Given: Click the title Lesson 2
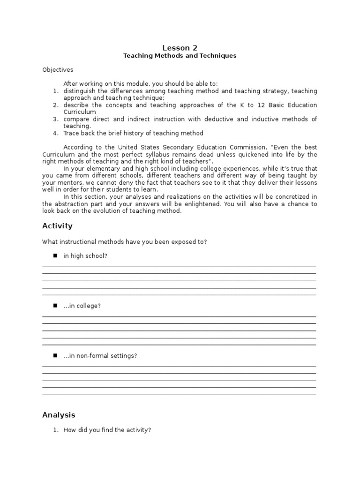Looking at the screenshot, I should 180,47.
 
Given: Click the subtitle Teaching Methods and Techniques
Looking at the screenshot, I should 180,56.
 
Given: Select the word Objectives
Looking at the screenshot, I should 58,70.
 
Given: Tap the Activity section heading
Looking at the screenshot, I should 57,226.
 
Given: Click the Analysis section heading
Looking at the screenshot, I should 59,415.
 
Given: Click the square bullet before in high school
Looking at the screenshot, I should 54,255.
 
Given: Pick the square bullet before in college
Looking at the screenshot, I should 54,306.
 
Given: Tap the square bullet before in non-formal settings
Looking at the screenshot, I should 54,355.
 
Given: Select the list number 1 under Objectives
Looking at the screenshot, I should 55,91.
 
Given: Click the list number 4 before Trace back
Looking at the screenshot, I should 55,133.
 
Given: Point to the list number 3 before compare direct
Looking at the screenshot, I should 55,119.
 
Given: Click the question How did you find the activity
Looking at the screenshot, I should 107,430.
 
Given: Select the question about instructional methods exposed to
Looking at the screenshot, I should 124,242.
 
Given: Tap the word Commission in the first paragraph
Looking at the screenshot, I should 223,147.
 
